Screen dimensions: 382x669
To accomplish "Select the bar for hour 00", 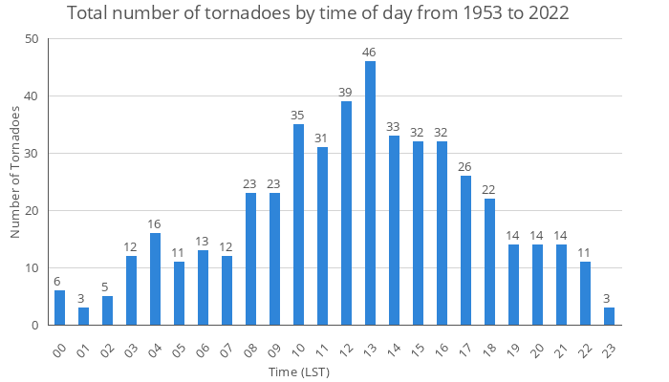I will (59, 308).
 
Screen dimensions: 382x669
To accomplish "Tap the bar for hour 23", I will (609, 316).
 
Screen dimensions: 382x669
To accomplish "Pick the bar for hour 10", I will (298, 224).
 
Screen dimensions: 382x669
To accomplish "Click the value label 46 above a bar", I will (370, 51).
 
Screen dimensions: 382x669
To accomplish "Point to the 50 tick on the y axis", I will (32, 39).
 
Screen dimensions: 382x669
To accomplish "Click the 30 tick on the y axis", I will (32, 154).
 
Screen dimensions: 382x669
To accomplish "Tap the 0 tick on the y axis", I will (34, 326).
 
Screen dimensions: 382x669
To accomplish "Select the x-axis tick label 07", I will (226, 349).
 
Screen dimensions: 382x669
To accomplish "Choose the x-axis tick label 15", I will (417, 349).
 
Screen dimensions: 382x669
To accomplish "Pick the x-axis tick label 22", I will (584, 349).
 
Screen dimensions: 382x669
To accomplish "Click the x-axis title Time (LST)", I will (298, 371).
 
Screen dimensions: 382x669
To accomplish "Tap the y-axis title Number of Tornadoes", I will (14, 172).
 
